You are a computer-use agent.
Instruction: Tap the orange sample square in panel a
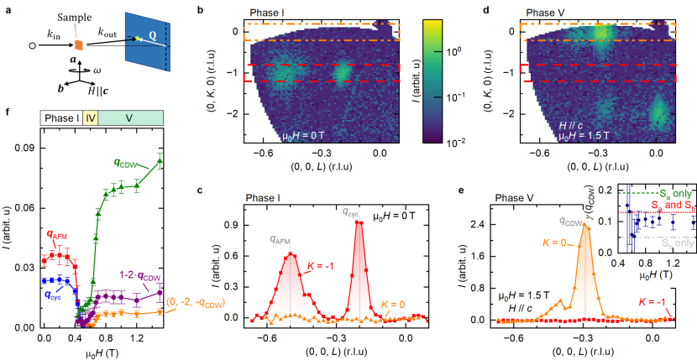pos(77,44)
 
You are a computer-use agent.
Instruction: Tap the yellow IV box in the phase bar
pos(90,119)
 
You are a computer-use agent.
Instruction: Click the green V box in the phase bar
pos(129,119)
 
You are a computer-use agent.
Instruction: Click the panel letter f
pos(8,112)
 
